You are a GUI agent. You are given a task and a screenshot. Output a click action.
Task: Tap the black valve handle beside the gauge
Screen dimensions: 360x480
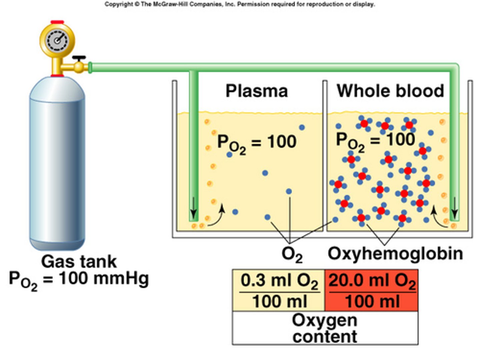click(x=79, y=58)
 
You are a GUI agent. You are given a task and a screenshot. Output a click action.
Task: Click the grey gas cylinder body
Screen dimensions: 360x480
click(x=57, y=163)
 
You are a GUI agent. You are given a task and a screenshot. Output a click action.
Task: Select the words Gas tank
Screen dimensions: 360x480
click(x=79, y=261)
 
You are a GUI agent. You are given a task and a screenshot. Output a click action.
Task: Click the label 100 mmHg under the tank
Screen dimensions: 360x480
click(x=103, y=278)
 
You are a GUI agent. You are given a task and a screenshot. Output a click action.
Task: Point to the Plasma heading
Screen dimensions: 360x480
click(x=256, y=91)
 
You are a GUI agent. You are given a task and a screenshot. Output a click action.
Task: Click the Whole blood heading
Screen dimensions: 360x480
click(x=390, y=91)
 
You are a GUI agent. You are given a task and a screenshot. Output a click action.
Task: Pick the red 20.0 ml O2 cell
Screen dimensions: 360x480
click(x=372, y=290)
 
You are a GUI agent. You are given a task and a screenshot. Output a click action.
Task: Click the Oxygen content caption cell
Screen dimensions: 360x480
click(x=325, y=328)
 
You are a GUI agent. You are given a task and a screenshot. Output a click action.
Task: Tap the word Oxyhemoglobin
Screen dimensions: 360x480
click(x=395, y=254)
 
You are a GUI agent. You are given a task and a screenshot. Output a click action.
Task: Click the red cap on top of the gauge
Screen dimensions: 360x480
click(x=57, y=22)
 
